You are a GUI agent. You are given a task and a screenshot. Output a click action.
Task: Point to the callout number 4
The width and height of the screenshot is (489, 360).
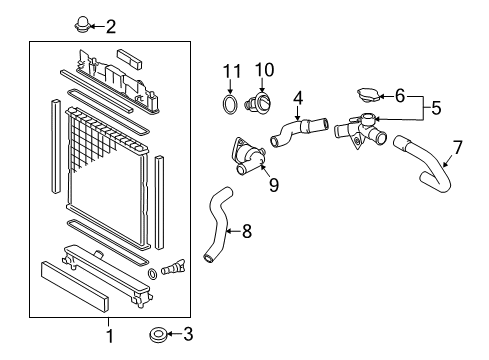(x=298, y=98)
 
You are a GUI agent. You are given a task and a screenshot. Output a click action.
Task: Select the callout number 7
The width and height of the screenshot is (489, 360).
(x=458, y=148)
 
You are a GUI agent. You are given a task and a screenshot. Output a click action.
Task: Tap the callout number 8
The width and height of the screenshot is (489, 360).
(x=246, y=231)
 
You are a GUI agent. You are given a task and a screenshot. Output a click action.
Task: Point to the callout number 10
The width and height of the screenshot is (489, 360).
(x=264, y=70)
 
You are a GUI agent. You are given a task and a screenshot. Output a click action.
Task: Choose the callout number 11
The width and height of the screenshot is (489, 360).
(x=232, y=70)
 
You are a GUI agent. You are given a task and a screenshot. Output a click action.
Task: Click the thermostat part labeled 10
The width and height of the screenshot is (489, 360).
(x=264, y=103)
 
